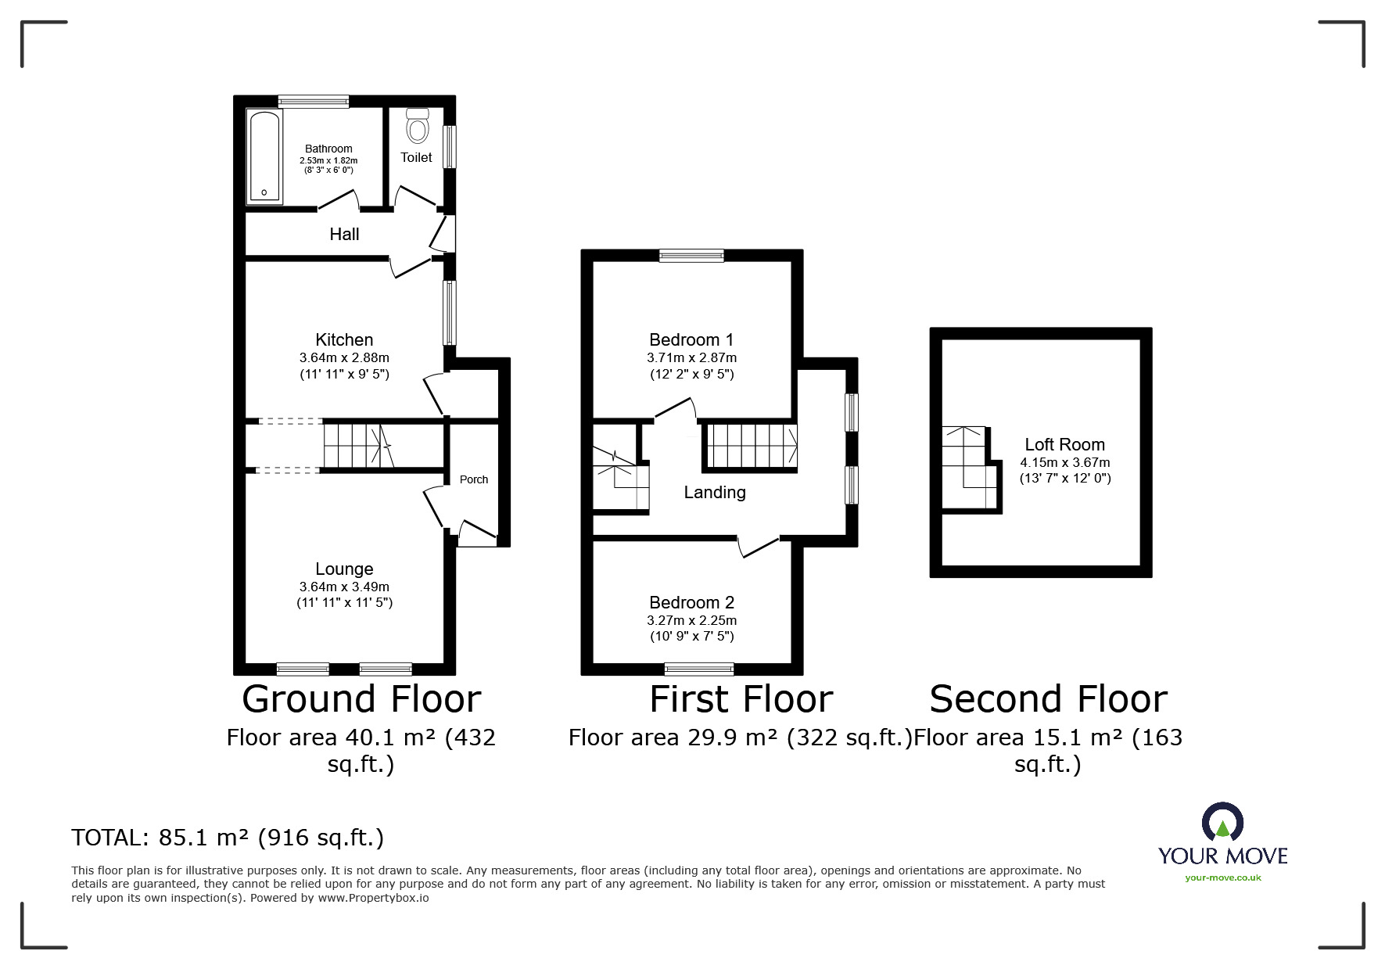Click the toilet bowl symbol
pyautogui.click(x=418, y=125)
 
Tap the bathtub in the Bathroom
pyautogui.click(x=264, y=156)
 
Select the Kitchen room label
pyautogui.click(x=344, y=339)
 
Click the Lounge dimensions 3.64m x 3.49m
pyautogui.click(x=344, y=587)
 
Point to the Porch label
pyautogui.click(x=474, y=479)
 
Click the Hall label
pyautogui.click(x=344, y=234)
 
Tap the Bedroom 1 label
pyautogui.click(x=691, y=339)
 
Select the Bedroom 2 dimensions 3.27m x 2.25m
pyautogui.click(x=691, y=620)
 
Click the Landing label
pyautogui.click(x=715, y=492)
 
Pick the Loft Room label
pyautogui.click(x=1064, y=444)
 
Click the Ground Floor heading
pyautogui.click(x=361, y=699)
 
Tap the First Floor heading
pyautogui.click(x=741, y=699)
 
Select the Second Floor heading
pyautogui.click(x=1048, y=699)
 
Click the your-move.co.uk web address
pyautogui.click(x=1223, y=877)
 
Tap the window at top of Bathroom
pyautogui.click(x=314, y=101)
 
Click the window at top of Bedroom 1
pyautogui.click(x=691, y=255)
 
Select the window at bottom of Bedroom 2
pyautogui.click(x=699, y=669)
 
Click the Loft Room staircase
pyautogui.click(x=970, y=468)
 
